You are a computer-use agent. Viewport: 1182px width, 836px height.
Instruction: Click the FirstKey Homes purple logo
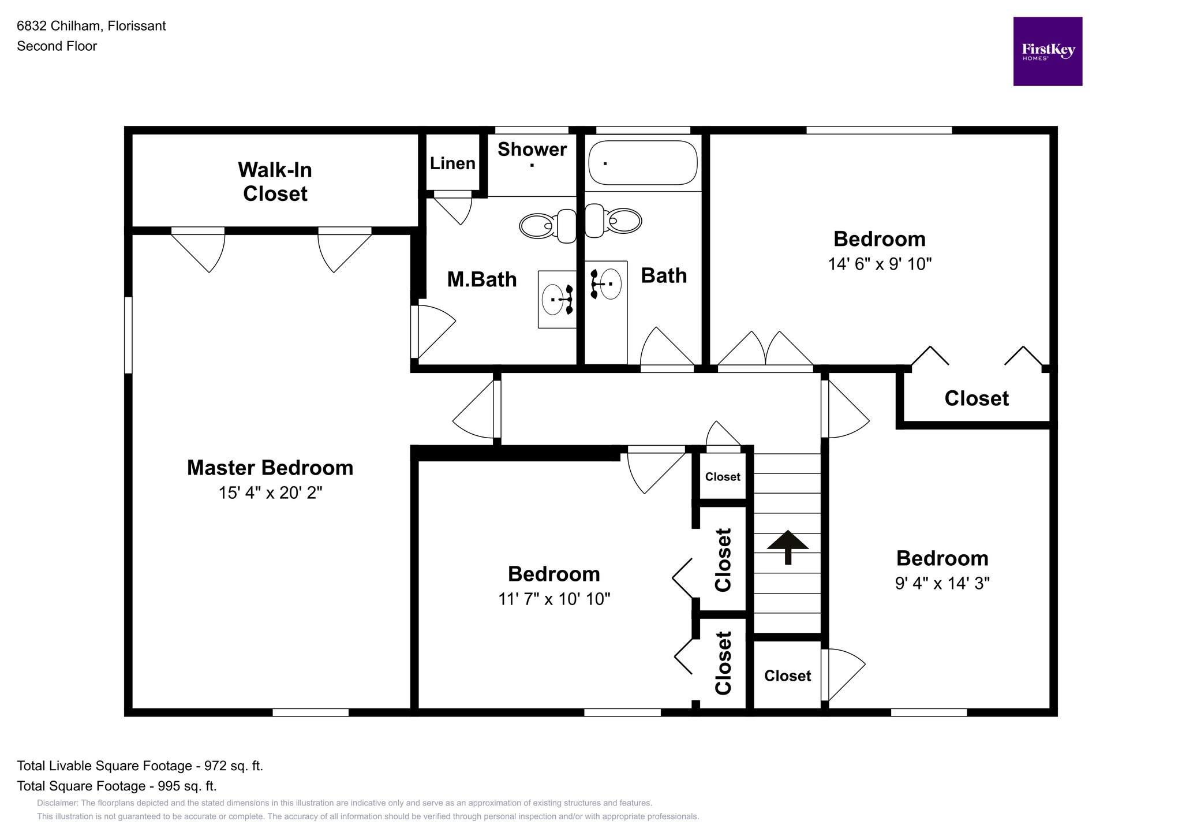(1048, 51)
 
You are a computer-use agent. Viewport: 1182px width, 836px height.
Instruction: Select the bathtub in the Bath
(642, 163)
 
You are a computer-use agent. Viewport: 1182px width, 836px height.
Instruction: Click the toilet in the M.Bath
(548, 225)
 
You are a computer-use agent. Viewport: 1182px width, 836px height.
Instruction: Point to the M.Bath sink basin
(553, 299)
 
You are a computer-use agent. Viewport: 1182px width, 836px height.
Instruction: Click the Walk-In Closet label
(275, 181)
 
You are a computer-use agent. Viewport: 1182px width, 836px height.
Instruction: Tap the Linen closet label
(452, 163)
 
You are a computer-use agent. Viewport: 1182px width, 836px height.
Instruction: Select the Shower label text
(532, 150)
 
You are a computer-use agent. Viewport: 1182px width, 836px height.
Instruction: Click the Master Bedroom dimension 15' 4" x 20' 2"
(270, 492)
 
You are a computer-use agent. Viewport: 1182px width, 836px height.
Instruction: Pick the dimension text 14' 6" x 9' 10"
(880, 264)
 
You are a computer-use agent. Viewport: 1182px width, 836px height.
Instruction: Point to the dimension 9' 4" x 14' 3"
(942, 583)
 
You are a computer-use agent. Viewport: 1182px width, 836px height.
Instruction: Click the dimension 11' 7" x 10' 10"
(554, 599)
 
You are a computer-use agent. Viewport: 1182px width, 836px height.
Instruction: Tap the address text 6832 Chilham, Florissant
(91, 26)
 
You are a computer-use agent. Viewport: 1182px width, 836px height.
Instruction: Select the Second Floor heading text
(57, 46)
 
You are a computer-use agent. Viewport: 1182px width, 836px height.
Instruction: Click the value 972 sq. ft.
(233, 766)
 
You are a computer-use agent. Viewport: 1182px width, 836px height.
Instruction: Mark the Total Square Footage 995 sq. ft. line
(117, 786)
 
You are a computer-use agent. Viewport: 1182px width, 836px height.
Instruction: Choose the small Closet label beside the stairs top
(723, 477)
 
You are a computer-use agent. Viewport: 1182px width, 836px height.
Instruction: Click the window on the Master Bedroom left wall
(128, 335)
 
